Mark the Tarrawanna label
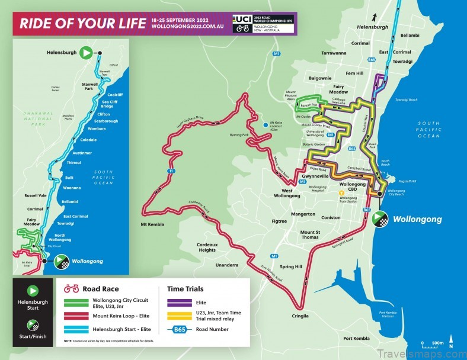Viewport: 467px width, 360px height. tap(334, 53)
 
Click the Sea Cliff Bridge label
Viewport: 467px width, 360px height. tap(116, 104)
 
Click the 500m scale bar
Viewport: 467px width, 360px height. tap(434, 346)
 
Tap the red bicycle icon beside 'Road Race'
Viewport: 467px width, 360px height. tap(72, 289)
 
